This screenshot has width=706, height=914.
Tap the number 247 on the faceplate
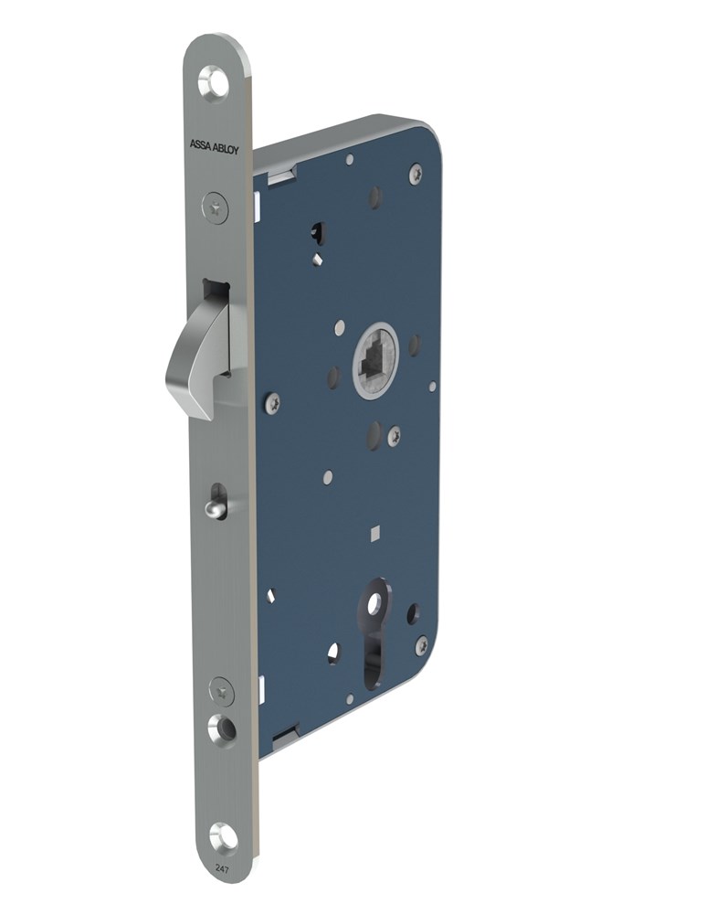221,868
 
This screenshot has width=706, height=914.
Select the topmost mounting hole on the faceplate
214,82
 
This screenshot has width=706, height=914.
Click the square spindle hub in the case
376,362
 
